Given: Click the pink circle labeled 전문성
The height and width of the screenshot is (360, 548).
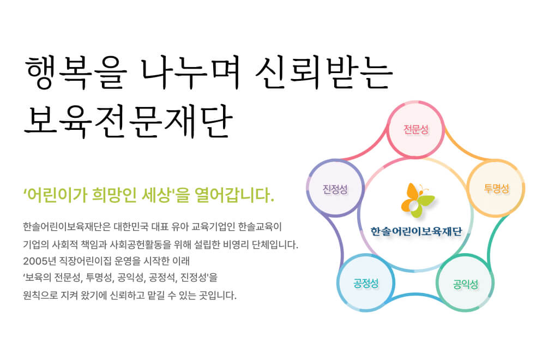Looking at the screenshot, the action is coord(415,130).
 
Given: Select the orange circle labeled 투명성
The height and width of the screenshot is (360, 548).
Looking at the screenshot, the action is coord(496,188).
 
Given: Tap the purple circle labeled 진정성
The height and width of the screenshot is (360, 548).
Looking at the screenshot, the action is coord(335,188).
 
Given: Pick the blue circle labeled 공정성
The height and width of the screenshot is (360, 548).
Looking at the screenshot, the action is coord(366,283).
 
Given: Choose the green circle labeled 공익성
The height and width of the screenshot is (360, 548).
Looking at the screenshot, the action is coord(465,283).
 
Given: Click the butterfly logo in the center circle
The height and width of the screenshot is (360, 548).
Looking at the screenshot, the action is coord(417,200).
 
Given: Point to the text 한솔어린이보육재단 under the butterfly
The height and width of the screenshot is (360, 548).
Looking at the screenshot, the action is coord(416,231).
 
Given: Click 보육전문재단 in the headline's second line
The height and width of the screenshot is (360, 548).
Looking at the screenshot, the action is coord(128,121).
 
